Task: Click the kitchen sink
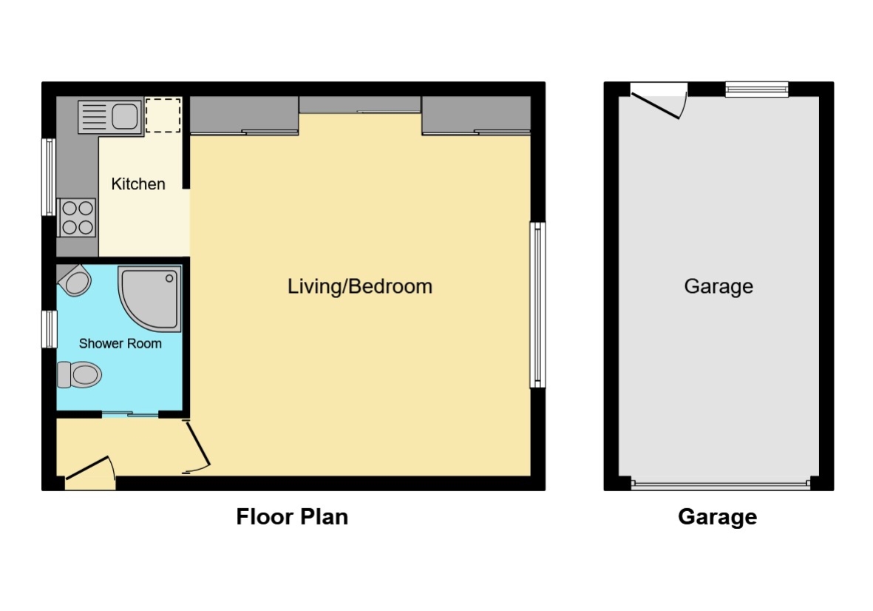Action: click(109, 117)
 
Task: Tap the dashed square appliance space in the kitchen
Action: click(163, 115)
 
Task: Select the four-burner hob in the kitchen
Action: click(77, 217)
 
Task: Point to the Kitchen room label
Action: click(138, 184)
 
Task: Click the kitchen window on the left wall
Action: click(48, 177)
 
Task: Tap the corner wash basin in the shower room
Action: click(75, 281)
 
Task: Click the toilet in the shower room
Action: click(79, 374)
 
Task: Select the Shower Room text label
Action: click(120, 343)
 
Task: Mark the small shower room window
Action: click(49, 329)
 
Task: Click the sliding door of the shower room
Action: click(130, 414)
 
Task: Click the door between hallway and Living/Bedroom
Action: click(199, 447)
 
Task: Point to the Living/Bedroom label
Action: click(360, 286)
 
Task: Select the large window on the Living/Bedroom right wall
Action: click(538, 305)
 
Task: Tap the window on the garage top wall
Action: click(756, 90)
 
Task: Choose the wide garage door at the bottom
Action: click(721, 485)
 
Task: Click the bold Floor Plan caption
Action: click(292, 516)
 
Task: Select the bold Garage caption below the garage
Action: click(717, 516)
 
